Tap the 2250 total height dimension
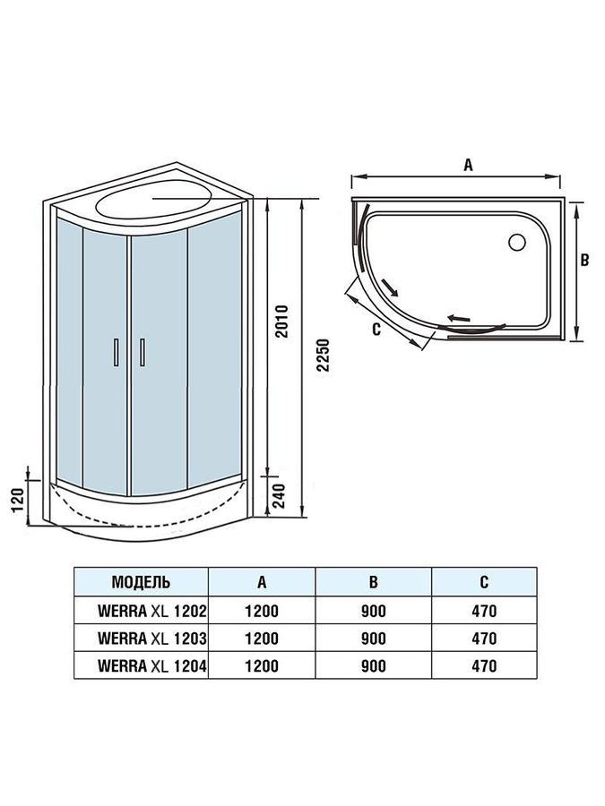click(x=322, y=355)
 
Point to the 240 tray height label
click(x=279, y=495)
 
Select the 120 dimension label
click(x=17, y=500)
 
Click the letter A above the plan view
click(x=468, y=165)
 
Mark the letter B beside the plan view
click(x=584, y=260)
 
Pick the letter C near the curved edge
click(x=376, y=329)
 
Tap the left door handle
click(x=117, y=352)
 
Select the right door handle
click(x=142, y=352)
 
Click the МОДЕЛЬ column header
click(x=141, y=582)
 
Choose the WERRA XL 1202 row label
click(x=152, y=611)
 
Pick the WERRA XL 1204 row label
click(x=152, y=665)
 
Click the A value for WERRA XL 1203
click(x=262, y=639)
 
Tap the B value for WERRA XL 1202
click(x=374, y=611)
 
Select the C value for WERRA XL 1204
click(x=484, y=665)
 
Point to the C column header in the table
click(x=484, y=582)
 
